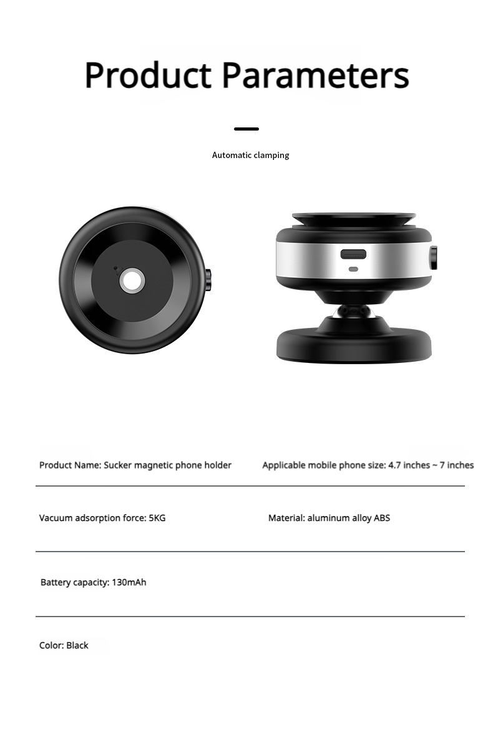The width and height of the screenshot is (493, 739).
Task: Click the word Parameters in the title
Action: point(315,75)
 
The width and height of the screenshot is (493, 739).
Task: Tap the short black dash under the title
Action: point(246,129)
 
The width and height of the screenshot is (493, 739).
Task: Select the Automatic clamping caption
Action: point(250,155)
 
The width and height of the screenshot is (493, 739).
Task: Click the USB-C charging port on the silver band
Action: point(353,255)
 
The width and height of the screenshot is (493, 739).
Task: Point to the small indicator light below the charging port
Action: point(353,269)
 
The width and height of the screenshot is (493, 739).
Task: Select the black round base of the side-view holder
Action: point(354,343)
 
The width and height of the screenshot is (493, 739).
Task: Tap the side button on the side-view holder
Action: point(433,257)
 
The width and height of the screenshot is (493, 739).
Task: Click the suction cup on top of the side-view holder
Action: point(353,219)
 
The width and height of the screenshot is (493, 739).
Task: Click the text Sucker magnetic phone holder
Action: point(167,465)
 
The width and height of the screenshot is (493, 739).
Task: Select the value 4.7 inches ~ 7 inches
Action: point(431,465)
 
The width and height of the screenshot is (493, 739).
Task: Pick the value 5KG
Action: point(157,518)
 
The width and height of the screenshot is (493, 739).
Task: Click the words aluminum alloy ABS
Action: point(348,518)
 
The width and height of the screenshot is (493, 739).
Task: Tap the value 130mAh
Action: point(129,582)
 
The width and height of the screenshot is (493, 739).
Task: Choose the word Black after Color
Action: point(77,645)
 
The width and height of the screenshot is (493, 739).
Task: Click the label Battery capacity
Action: point(74,582)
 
